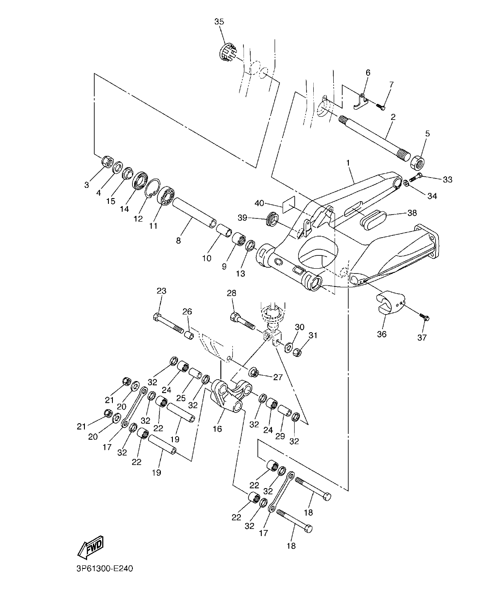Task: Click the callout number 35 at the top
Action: pos(219,21)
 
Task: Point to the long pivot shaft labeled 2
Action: pos(373,135)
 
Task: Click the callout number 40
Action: pos(259,203)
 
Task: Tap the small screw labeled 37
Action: pos(424,317)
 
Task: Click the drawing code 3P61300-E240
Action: pos(101,568)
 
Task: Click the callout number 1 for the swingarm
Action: pos(348,163)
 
